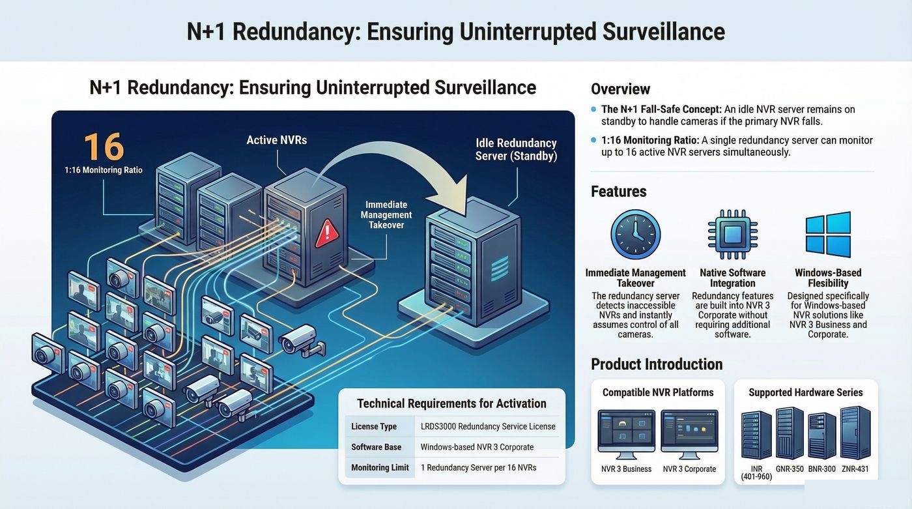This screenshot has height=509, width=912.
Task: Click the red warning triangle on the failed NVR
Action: point(326,234)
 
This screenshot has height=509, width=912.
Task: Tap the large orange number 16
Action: point(104,147)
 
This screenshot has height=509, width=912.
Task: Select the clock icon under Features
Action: point(636,235)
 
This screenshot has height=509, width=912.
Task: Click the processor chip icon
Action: point(732,235)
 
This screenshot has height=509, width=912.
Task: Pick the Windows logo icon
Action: point(828,234)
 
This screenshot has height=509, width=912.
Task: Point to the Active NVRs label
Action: point(276,140)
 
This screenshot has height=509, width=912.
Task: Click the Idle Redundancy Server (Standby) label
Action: point(516,149)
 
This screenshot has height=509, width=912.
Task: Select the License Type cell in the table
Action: point(374,426)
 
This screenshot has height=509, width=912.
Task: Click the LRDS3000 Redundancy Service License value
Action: point(488,426)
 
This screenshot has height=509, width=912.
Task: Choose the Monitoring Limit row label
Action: point(380,467)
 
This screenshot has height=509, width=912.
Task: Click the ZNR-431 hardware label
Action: point(855,469)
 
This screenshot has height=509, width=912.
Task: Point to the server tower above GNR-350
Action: point(790,433)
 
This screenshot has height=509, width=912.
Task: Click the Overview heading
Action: point(620,89)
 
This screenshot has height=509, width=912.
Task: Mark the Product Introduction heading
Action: point(657,364)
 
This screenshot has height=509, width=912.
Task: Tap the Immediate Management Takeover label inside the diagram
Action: point(386,214)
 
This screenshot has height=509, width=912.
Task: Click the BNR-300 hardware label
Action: point(821,469)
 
